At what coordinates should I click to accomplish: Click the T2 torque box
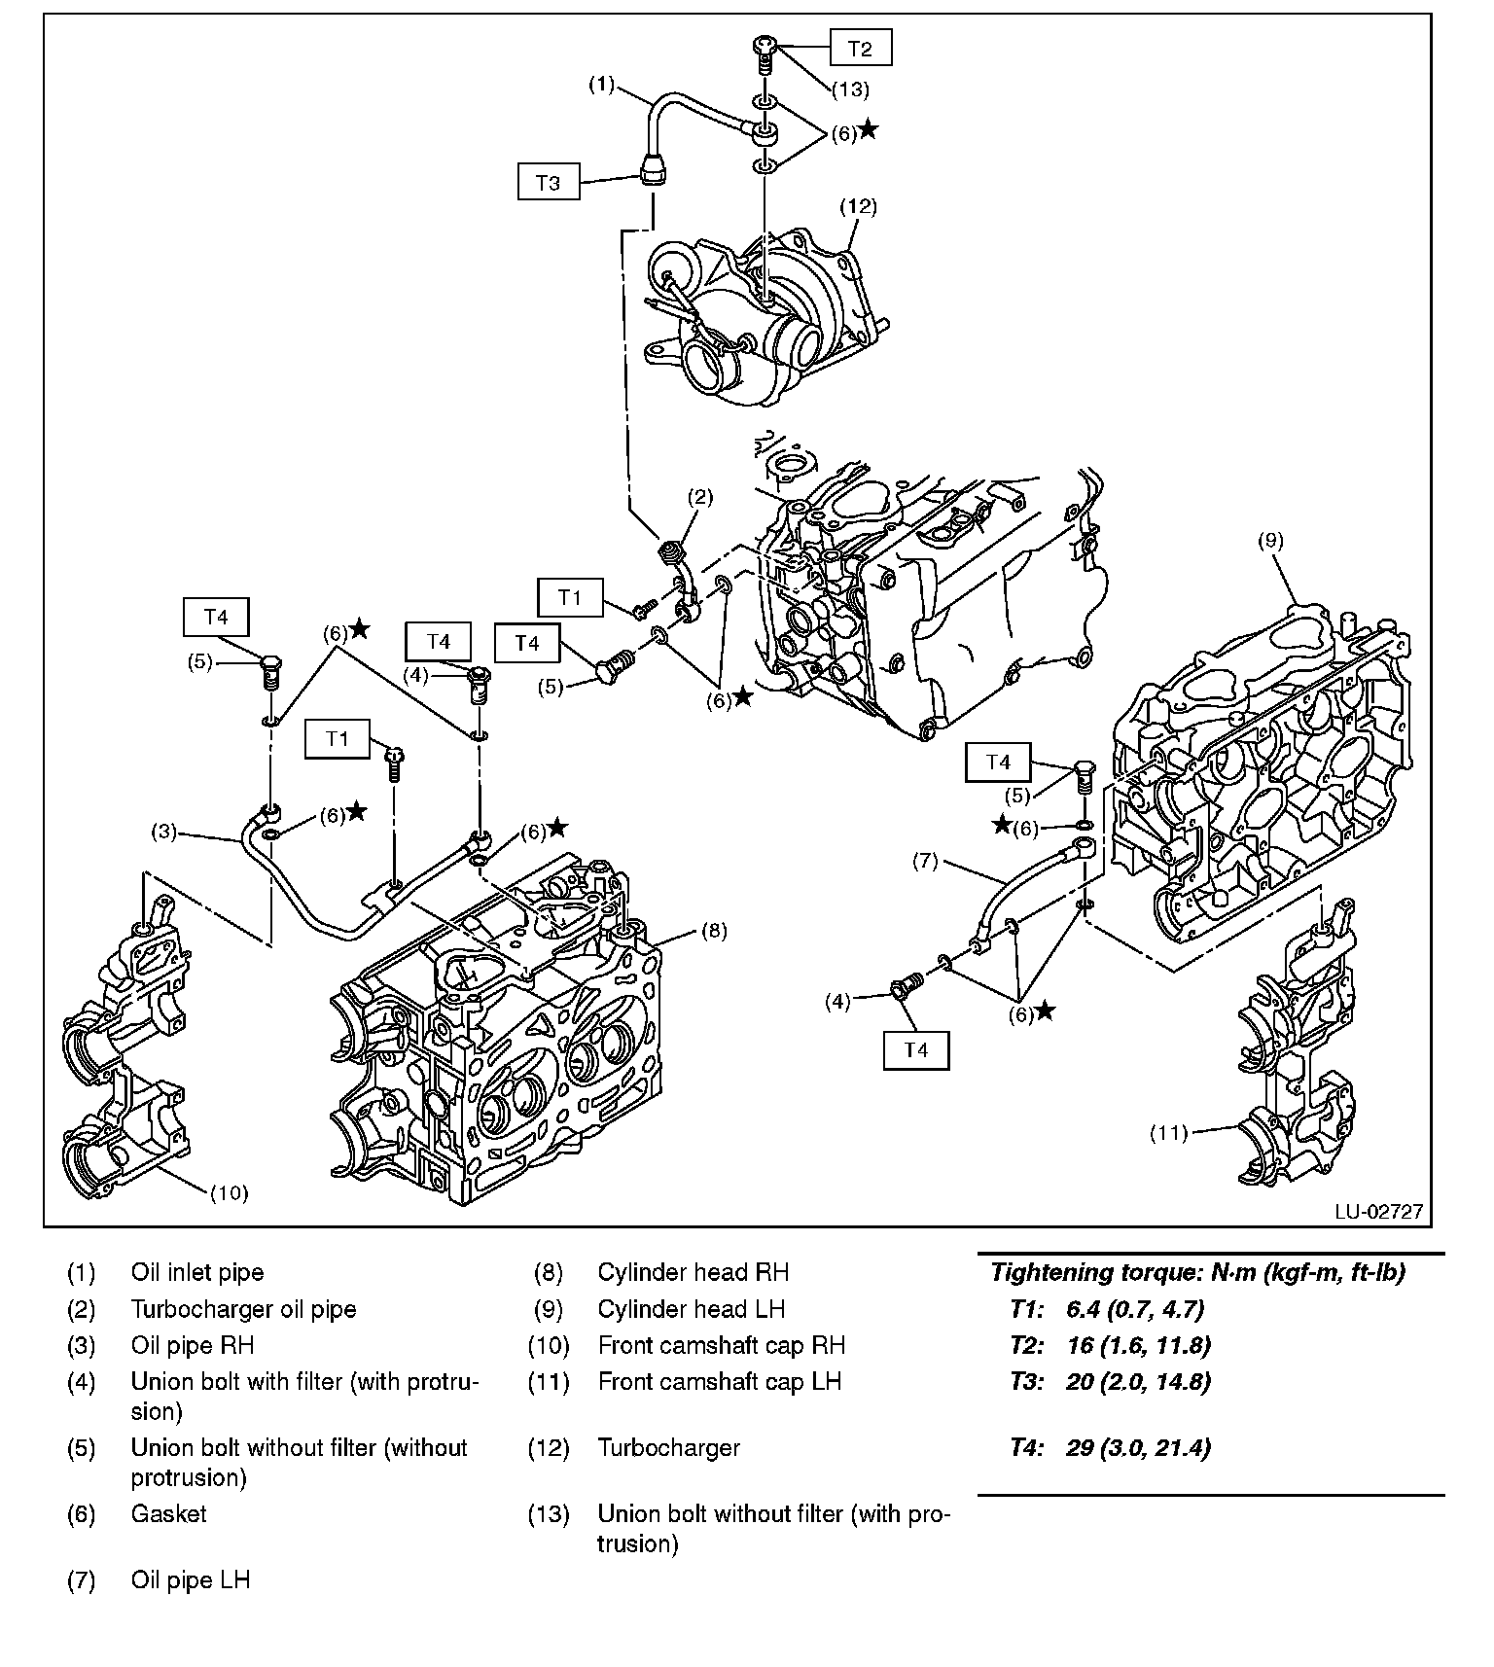(x=860, y=48)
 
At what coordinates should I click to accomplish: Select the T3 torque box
(x=548, y=182)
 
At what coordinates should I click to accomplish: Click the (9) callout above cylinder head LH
(x=1270, y=541)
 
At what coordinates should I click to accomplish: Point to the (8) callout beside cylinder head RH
(x=713, y=931)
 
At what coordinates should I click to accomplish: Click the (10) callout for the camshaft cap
(x=230, y=1192)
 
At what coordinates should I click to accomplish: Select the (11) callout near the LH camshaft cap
(x=1169, y=1132)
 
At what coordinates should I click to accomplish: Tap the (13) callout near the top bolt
(x=849, y=89)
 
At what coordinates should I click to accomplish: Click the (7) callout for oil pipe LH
(x=925, y=861)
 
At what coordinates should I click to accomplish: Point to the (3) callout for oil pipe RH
(x=163, y=832)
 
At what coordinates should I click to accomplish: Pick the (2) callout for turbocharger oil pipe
(x=700, y=497)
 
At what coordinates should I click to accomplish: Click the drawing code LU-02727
(x=1378, y=1211)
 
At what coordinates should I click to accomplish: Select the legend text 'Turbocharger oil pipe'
(x=243, y=1309)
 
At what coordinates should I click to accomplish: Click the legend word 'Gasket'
(x=169, y=1513)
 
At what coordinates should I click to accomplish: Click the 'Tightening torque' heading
(x=1196, y=1272)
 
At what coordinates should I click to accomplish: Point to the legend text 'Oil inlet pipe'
(x=197, y=1272)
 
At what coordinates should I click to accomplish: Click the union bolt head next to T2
(x=764, y=45)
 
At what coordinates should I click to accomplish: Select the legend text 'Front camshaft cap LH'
(x=719, y=1381)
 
